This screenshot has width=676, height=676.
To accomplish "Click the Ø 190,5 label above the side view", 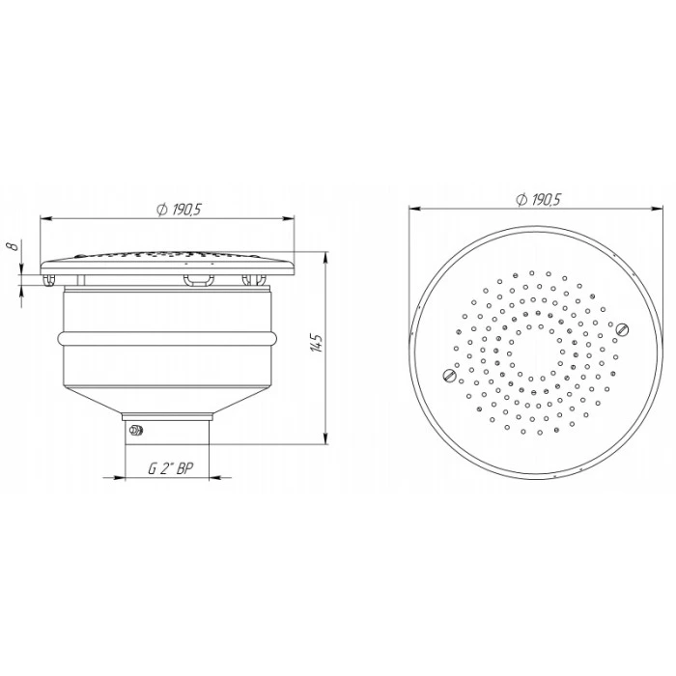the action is coord(179,210).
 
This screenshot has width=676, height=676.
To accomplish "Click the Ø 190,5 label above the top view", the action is coord(538,200).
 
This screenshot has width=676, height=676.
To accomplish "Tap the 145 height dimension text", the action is coord(317,342).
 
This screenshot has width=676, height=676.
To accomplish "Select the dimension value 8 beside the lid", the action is coord(14,246).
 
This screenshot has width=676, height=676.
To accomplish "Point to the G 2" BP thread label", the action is coord(171,468).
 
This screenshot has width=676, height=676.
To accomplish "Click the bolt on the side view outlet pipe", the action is coord(136,430).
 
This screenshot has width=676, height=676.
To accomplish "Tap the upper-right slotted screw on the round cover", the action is coord(622,330).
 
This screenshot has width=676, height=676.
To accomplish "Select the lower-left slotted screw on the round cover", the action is coord(449,376).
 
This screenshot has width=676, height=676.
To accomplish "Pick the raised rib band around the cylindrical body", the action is coord(167,338).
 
